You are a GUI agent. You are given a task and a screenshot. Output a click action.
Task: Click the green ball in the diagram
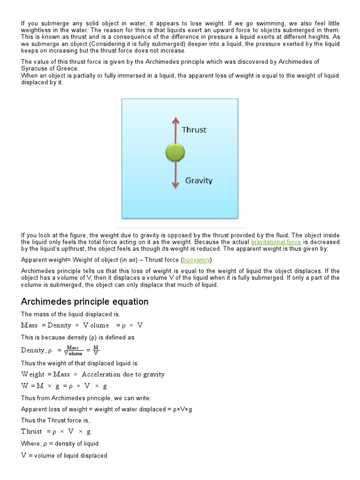(175, 152)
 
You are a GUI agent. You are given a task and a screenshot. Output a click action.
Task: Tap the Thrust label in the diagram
(194, 130)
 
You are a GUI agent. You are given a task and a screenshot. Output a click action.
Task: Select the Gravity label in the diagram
(199, 180)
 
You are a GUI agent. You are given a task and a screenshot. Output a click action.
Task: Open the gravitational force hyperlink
(276, 242)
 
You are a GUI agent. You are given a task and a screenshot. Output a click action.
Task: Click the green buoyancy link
(196, 260)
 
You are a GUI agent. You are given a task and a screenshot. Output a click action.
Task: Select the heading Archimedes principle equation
(85, 301)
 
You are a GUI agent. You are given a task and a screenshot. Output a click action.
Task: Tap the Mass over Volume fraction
(74, 350)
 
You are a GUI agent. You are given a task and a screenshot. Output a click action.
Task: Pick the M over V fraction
(96, 350)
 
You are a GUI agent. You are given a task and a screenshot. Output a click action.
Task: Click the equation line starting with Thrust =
(56, 431)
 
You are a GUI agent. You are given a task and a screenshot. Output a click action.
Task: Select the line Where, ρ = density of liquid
(60, 443)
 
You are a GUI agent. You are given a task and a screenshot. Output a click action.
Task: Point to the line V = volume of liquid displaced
(64, 456)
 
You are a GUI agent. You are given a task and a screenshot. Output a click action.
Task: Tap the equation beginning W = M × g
(64, 386)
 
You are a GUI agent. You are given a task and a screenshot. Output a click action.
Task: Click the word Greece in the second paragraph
(67, 68)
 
